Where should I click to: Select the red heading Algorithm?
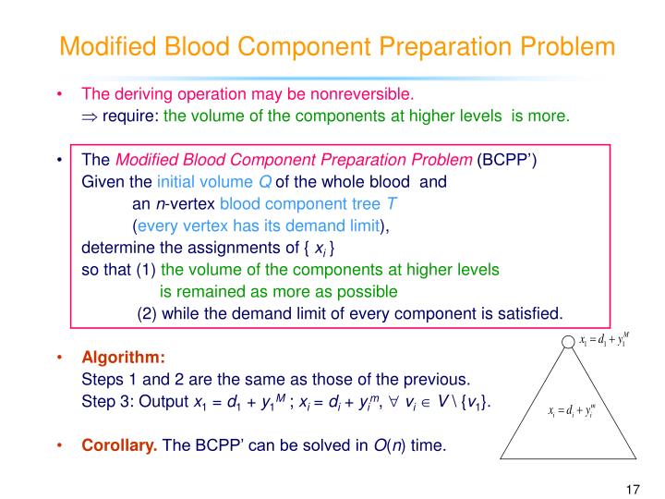coord(124,358)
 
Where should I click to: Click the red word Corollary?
coord(119,446)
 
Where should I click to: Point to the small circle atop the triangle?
coord(568,344)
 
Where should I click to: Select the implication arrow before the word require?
coord(90,116)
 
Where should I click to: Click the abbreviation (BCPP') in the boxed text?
coord(507,160)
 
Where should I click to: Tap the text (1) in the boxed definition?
coord(147,270)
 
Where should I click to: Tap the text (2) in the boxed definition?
coord(148,312)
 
